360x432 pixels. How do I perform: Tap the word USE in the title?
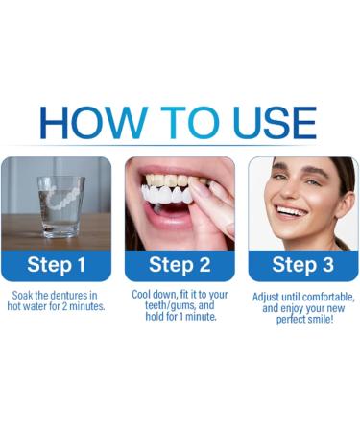click(x=268, y=123)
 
